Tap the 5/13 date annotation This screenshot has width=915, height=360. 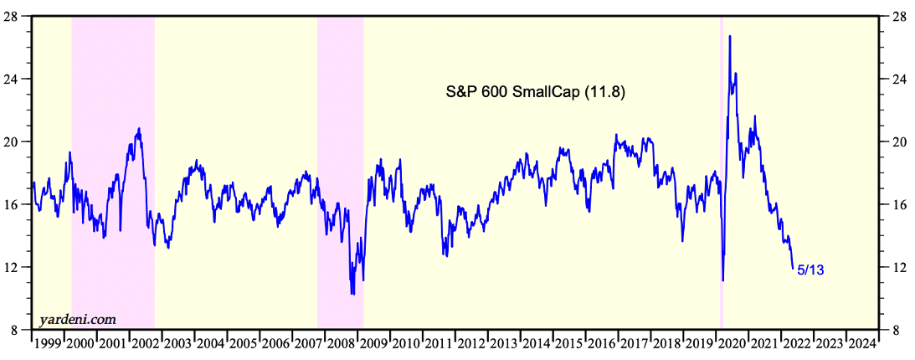810,270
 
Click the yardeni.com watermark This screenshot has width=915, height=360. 78,319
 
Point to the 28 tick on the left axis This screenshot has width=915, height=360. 17,16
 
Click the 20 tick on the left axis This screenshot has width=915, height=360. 17,141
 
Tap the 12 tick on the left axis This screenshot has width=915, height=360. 17,267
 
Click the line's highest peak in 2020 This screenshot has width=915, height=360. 730,36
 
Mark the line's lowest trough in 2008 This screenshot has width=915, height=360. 352,294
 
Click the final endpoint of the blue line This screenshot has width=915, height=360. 793,269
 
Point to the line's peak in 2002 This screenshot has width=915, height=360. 139,128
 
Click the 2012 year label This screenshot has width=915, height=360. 473,342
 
